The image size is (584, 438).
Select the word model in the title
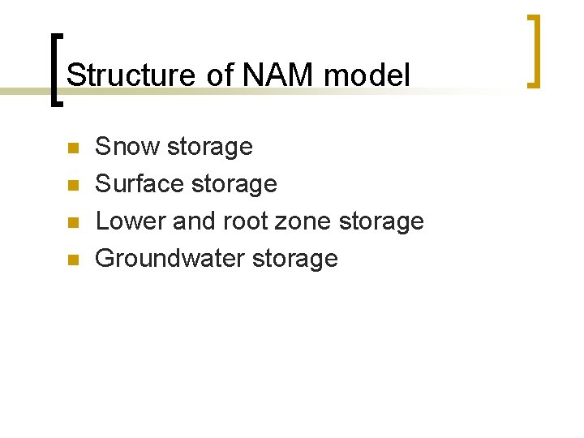pos(367,75)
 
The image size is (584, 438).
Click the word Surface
pos(138,184)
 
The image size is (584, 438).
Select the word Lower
pos(130,221)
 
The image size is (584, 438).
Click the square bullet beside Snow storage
pos(72,148)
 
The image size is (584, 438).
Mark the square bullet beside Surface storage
pos(72,186)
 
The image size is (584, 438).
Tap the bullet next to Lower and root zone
pos(72,223)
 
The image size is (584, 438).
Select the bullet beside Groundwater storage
pos(72,260)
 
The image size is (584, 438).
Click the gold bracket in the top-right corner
pos(535,50)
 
